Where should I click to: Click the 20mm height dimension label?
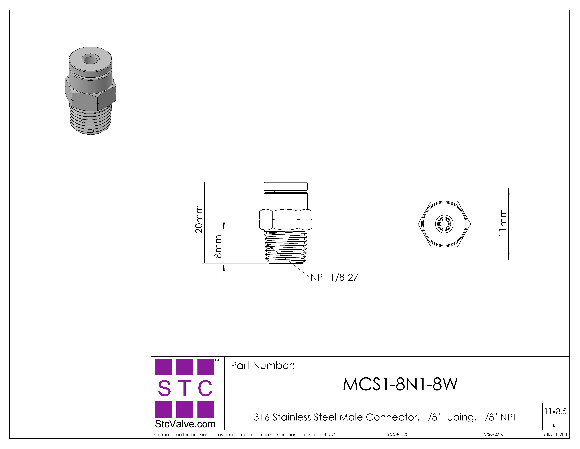tap(199, 219)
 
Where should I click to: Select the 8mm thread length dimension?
tap(218, 247)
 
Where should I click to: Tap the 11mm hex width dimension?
tap(503, 223)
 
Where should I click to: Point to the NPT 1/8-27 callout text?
tap(334, 277)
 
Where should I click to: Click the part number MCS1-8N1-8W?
tap(400, 384)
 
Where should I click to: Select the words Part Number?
tap(263, 366)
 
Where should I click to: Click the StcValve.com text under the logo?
tap(185, 424)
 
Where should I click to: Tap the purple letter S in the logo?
tap(164, 388)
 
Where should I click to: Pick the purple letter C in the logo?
tap(205, 388)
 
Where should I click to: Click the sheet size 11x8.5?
tap(555, 411)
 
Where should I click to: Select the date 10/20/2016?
tap(493, 434)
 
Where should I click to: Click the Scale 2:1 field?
tap(398, 434)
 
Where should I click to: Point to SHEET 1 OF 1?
tap(555, 434)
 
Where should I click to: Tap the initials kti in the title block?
tap(555, 425)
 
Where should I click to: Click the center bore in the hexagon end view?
tap(444, 224)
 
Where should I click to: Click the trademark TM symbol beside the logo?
tap(217, 361)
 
